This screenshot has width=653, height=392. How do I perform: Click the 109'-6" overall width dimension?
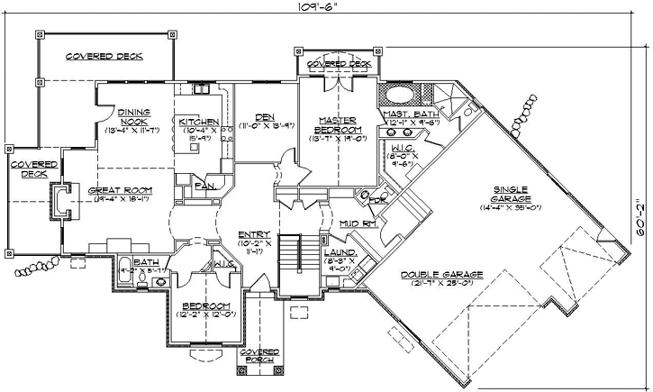tap(326, 6)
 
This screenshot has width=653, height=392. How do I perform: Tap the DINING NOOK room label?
tap(133, 117)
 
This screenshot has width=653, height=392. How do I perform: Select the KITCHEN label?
tap(197, 122)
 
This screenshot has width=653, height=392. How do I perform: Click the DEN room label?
tap(264, 116)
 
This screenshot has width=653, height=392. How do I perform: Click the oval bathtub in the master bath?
tap(400, 95)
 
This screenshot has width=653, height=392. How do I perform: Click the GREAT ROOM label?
tap(120, 190)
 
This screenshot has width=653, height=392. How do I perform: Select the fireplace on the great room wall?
tap(59, 203)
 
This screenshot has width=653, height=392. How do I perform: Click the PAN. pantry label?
tap(204, 187)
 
